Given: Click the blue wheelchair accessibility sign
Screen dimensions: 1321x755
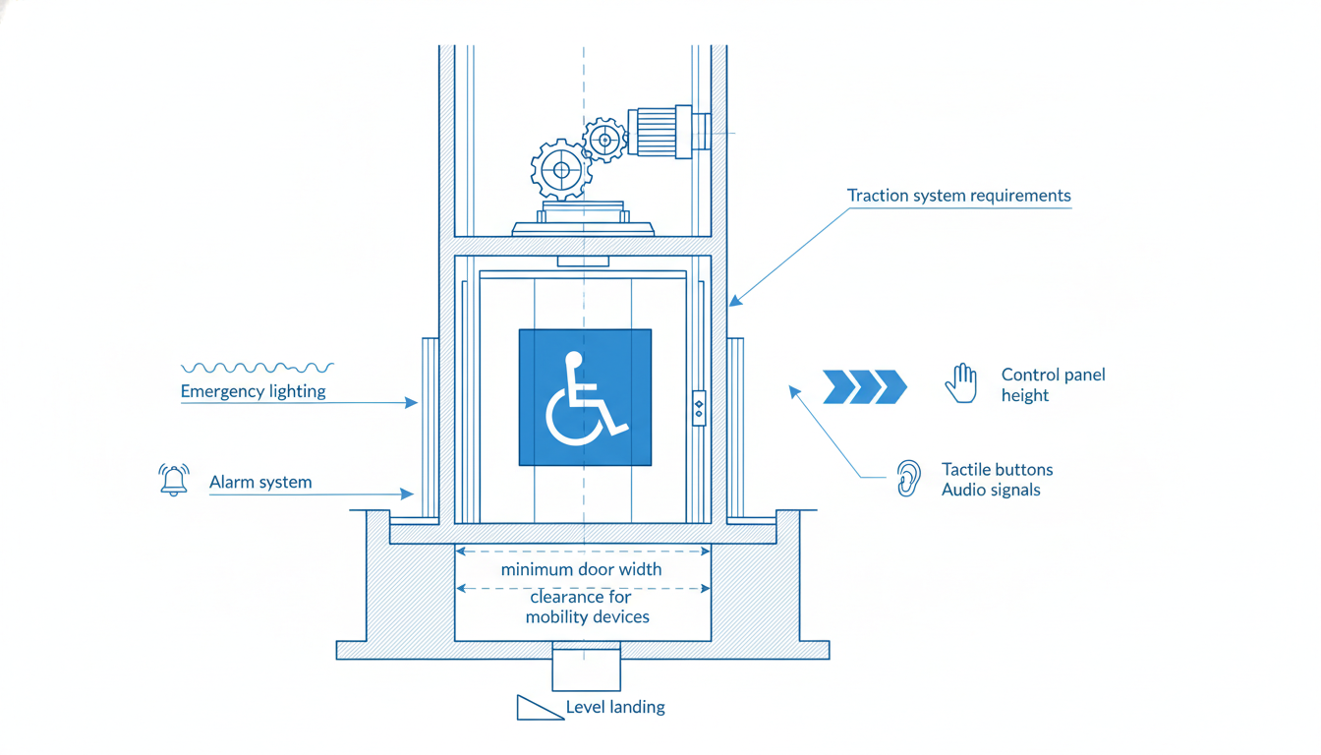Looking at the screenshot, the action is pyautogui.click(x=585, y=397).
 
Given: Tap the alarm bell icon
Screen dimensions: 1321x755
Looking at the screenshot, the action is pyautogui.click(x=174, y=480).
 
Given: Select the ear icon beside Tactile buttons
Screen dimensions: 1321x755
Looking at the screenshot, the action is pyautogui.click(x=908, y=479).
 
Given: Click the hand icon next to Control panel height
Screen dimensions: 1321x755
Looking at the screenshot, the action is pyautogui.click(x=961, y=383).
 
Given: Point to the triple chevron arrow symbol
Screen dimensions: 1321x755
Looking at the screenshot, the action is pyautogui.click(x=865, y=387).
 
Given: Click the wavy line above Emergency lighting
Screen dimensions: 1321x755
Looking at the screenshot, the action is pyautogui.click(x=258, y=368).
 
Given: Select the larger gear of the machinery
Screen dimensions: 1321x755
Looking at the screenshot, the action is pyautogui.click(x=561, y=170).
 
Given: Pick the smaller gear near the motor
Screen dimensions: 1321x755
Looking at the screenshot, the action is pyautogui.click(x=604, y=140).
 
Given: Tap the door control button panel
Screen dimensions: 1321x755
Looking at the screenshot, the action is pyautogui.click(x=699, y=408).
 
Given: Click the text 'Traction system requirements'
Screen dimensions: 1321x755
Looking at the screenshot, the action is pyautogui.click(x=959, y=196).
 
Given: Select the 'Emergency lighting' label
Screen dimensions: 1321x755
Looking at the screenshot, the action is pyautogui.click(x=253, y=391).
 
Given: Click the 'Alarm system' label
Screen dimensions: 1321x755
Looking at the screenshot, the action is pyautogui.click(x=260, y=482).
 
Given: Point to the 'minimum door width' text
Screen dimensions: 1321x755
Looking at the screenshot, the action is pyautogui.click(x=582, y=569).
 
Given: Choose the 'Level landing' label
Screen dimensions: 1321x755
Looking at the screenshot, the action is pyautogui.click(x=615, y=707).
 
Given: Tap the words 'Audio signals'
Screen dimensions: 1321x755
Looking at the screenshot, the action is pyautogui.click(x=991, y=490).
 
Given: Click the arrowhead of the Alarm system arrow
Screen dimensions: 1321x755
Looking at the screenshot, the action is pyautogui.click(x=407, y=494).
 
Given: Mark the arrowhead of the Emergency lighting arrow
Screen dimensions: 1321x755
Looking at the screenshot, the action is pyautogui.click(x=411, y=403).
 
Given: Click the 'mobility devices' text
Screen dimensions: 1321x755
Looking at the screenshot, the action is pyautogui.click(x=588, y=617).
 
